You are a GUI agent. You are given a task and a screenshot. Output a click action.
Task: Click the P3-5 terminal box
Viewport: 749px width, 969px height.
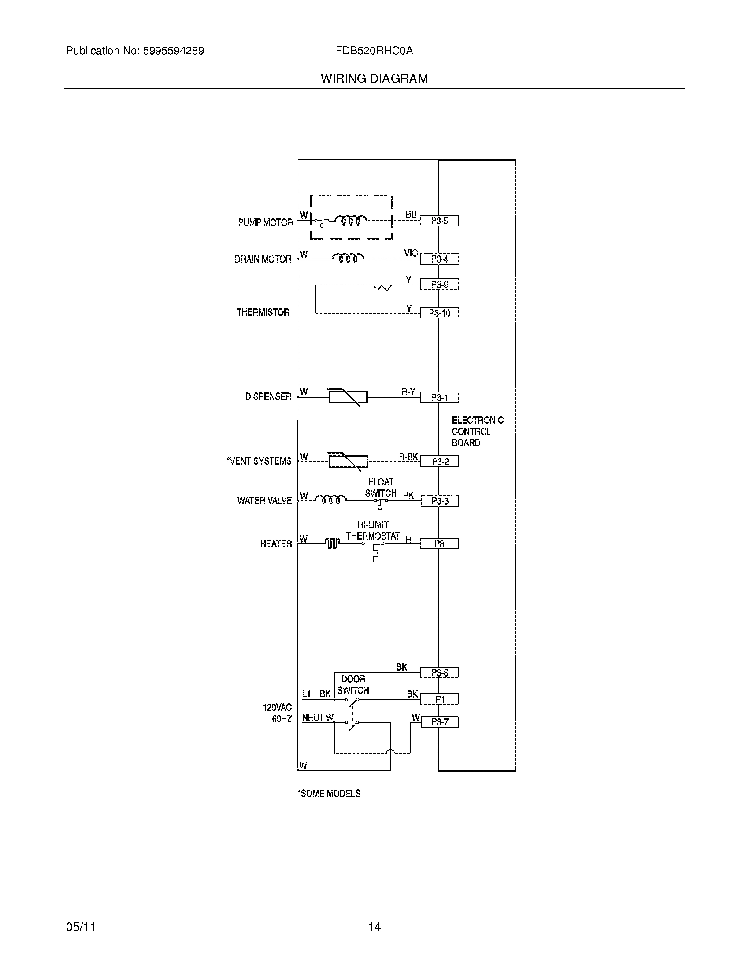pyautogui.click(x=439, y=221)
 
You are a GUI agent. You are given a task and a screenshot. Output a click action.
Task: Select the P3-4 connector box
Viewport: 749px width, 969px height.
pyautogui.click(x=439, y=259)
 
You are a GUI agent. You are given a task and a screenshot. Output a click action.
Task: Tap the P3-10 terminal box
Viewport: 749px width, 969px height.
pyautogui.click(x=439, y=313)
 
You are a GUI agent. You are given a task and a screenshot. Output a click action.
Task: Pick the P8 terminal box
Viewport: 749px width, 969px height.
pyautogui.click(x=439, y=544)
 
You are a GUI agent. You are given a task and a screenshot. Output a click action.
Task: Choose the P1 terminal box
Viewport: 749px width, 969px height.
pyautogui.click(x=439, y=700)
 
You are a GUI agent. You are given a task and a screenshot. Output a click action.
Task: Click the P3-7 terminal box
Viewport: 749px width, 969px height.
pyautogui.click(x=439, y=722)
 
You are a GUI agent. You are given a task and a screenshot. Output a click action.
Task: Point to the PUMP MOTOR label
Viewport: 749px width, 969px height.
pyautogui.click(x=265, y=222)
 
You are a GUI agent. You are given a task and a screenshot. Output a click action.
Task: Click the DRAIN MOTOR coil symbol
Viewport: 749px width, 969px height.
pyautogui.click(x=348, y=258)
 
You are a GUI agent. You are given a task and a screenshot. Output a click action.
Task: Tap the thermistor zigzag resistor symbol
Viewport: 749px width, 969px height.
pyautogui.click(x=382, y=288)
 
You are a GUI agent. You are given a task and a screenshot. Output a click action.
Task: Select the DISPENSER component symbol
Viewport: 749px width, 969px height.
pyautogui.click(x=348, y=397)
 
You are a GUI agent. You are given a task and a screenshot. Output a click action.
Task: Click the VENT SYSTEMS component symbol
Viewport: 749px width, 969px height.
pyautogui.click(x=348, y=462)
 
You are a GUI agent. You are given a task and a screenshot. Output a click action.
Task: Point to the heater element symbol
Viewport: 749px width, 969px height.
pyautogui.click(x=332, y=544)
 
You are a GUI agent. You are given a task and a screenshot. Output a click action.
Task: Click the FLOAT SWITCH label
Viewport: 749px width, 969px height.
pyautogui.click(x=380, y=488)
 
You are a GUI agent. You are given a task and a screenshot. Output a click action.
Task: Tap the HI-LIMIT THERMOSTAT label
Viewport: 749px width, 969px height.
pyautogui.click(x=373, y=531)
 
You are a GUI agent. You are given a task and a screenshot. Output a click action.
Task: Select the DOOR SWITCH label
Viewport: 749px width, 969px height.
pyautogui.click(x=353, y=684)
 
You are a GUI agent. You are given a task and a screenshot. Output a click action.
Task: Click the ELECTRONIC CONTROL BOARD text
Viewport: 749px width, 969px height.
pyautogui.click(x=478, y=431)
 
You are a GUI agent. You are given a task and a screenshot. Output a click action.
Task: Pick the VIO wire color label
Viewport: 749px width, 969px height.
pyautogui.click(x=411, y=253)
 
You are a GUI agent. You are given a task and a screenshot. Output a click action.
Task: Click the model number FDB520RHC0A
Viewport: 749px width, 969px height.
pyautogui.click(x=374, y=51)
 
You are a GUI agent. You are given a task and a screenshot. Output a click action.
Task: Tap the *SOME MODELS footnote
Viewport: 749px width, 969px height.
pyautogui.click(x=329, y=793)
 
